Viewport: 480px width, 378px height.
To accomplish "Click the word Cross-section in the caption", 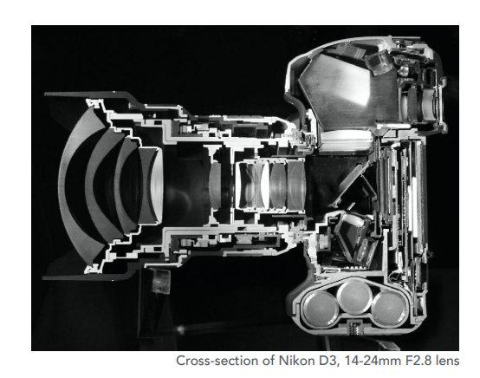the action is tap(219, 361).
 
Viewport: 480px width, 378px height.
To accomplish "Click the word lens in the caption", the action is tap(447, 361).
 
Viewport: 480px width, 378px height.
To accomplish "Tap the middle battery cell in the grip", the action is tap(354, 297).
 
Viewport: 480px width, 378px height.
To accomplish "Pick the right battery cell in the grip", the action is tap(390, 309).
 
